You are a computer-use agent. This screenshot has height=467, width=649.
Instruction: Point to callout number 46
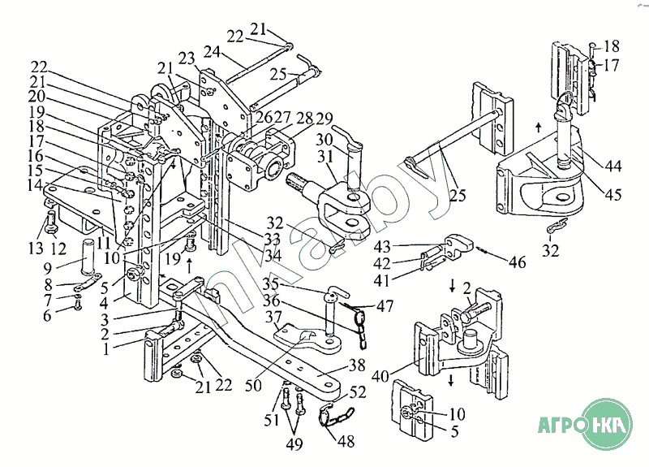click(517, 262)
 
